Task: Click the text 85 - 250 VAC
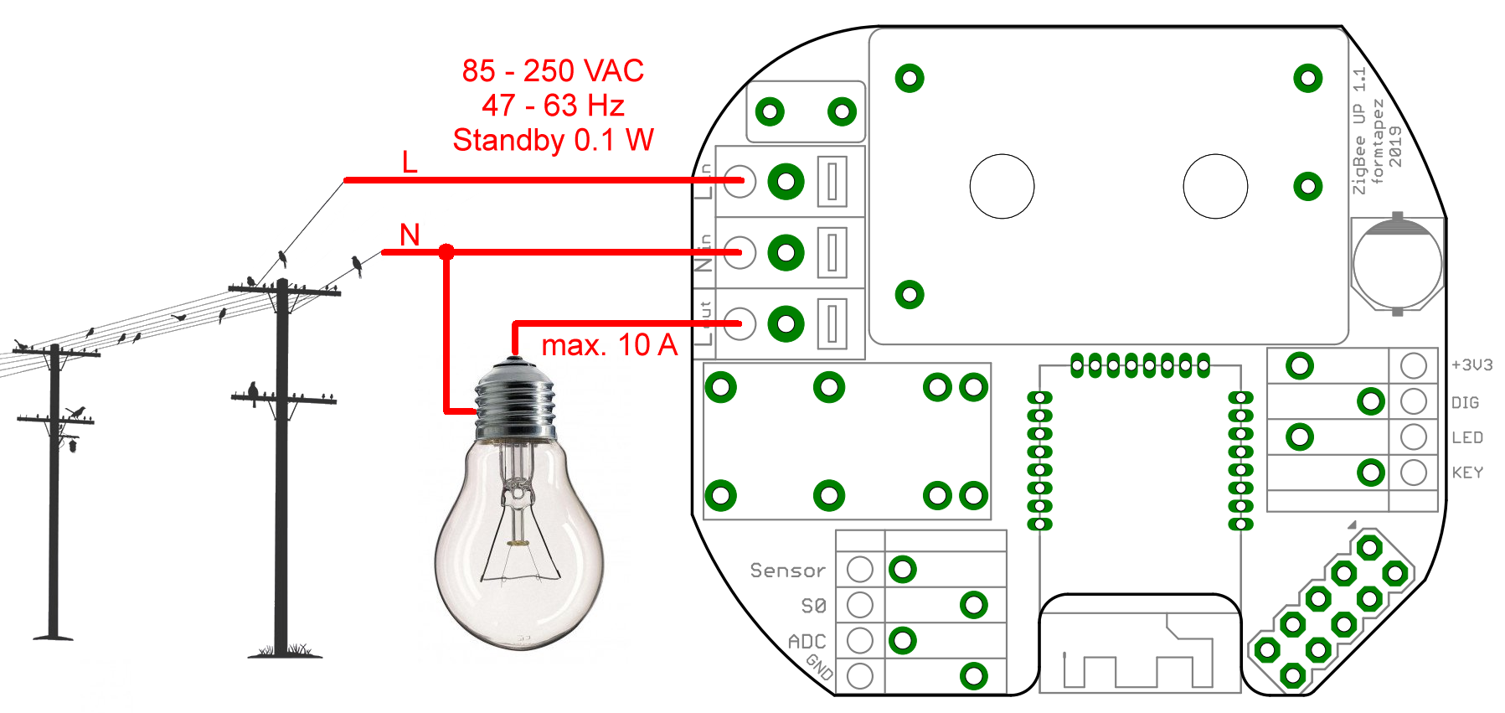(x=553, y=71)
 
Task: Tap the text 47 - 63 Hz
(x=553, y=106)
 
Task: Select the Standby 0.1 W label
(x=553, y=140)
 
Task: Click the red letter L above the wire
(x=410, y=163)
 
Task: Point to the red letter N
(x=410, y=235)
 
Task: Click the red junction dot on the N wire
(x=446, y=251)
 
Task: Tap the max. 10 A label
(x=609, y=345)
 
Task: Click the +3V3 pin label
(x=1471, y=365)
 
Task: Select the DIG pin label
(x=1465, y=403)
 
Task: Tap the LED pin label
(x=1466, y=437)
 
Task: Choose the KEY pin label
(x=1466, y=473)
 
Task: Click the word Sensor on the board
(x=787, y=571)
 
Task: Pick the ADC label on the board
(x=807, y=642)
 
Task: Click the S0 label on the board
(x=813, y=606)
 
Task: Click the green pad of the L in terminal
(x=786, y=181)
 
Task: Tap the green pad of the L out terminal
(x=786, y=323)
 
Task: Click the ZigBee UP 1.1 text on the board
(x=1359, y=131)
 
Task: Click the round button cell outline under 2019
(x=1397, y=264)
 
